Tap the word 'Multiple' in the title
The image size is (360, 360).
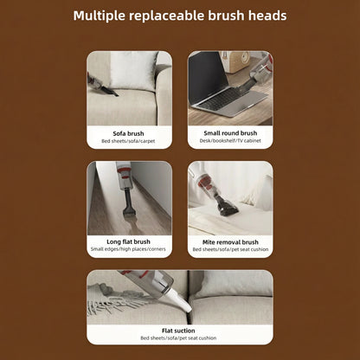tap(102, 16)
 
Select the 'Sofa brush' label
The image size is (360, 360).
tap(128, 133)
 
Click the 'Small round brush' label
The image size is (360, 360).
tap(230, 133)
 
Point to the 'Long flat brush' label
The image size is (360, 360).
tap(128, 242)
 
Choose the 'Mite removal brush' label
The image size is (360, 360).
tap(230, 242)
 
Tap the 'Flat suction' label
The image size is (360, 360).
tap(179, 330)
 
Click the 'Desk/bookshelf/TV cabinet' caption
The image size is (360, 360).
tap(230, 141)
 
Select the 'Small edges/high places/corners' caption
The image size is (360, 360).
tap(128, 250)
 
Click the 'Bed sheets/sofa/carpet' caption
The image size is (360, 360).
tap(128, 141)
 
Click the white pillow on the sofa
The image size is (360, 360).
tap(134, 71)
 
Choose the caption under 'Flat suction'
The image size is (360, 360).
tap(179, 337)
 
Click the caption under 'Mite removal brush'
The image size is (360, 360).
tap(230, 250)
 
